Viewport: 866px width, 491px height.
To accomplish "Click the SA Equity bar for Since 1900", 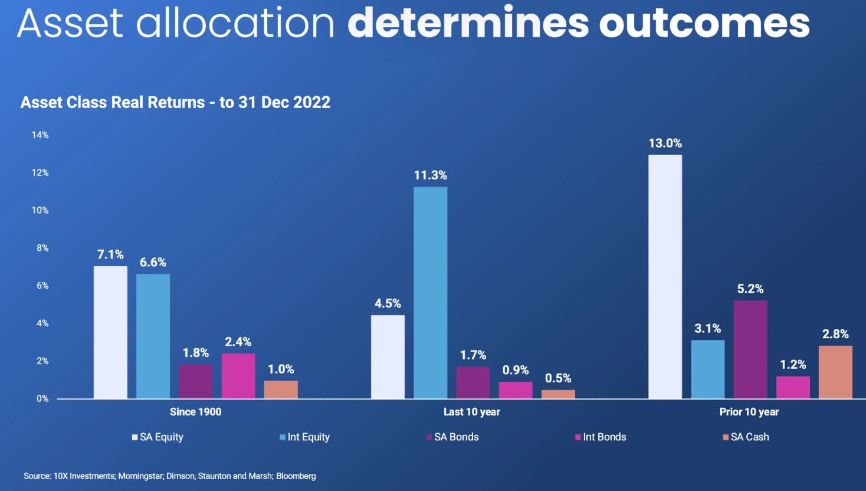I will point(110,332).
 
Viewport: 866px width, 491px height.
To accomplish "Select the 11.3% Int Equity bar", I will point(430,293).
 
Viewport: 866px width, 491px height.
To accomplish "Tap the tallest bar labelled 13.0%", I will point(665,277).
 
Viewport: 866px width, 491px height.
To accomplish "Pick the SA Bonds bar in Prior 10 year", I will point(750,349).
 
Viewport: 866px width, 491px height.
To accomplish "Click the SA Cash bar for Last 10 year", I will point(558,394).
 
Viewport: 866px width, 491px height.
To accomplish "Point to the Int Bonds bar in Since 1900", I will point(238,376).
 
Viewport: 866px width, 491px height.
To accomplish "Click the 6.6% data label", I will point(153,262).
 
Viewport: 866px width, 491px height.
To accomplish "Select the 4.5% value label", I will point(388,303).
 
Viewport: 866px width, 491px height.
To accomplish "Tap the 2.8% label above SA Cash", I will point(835,334).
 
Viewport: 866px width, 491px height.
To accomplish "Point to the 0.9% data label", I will point(516,370).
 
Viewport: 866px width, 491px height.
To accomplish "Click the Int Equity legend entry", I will point(304,437).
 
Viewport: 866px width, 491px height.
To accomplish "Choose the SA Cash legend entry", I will point(746,437).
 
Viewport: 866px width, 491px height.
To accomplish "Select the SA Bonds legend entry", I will point(452,437).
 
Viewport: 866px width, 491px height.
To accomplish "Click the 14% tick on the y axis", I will point(40,135).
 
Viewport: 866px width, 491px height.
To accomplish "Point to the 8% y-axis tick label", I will point(42,248).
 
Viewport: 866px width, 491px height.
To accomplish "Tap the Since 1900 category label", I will point(195,412).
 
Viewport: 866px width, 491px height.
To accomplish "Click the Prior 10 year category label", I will point(749,412).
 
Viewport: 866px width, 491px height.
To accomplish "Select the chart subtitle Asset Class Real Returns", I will point(175,103).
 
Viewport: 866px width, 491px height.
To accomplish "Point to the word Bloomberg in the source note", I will point(296,476).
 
